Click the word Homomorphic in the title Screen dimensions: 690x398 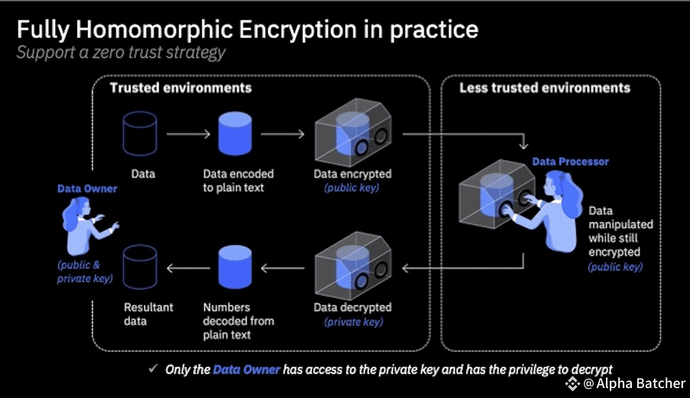click(x=154, y=29)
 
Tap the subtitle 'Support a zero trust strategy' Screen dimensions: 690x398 click(x=121, y=53)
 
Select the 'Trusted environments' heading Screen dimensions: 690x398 click(x=181, y=88)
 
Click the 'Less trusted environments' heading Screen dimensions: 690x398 click(x=544, y=88)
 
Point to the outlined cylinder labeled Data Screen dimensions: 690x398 click(x=140, y=134)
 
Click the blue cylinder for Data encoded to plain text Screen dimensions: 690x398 click(x=235, y=134)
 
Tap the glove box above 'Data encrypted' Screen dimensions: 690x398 click(x=353, y=133)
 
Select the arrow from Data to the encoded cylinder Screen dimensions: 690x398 click(x=188, y=134)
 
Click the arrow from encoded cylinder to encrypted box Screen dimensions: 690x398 click(x=282, y=134)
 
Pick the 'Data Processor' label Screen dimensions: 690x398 click(x=570, y=161)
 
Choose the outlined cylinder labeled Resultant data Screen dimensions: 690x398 click(x=140, y=267)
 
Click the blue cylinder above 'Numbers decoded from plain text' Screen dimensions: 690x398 click(x=235, y=267)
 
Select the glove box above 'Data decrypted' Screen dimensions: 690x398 click(x=353, y=266)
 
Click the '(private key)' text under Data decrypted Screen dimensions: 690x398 click(x=354, y=322)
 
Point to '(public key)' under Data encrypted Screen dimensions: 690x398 click(x=351, y=188)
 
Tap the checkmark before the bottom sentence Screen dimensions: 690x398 click(x=153, y=368)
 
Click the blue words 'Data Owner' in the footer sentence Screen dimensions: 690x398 click(x=246, y=369)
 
